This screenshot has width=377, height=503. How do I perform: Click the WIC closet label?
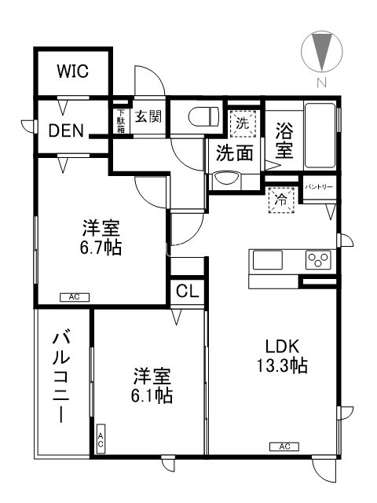(71, 71)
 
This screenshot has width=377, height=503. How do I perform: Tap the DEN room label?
(70, 130)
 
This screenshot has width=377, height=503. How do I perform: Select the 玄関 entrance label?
(148, 117)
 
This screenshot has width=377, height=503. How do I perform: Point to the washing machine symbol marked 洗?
(243, 123)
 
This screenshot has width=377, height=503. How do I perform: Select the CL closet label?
(188, 291)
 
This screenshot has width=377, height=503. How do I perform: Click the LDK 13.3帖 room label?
(280, 356)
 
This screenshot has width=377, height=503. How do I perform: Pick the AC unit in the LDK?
(284, 446)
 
